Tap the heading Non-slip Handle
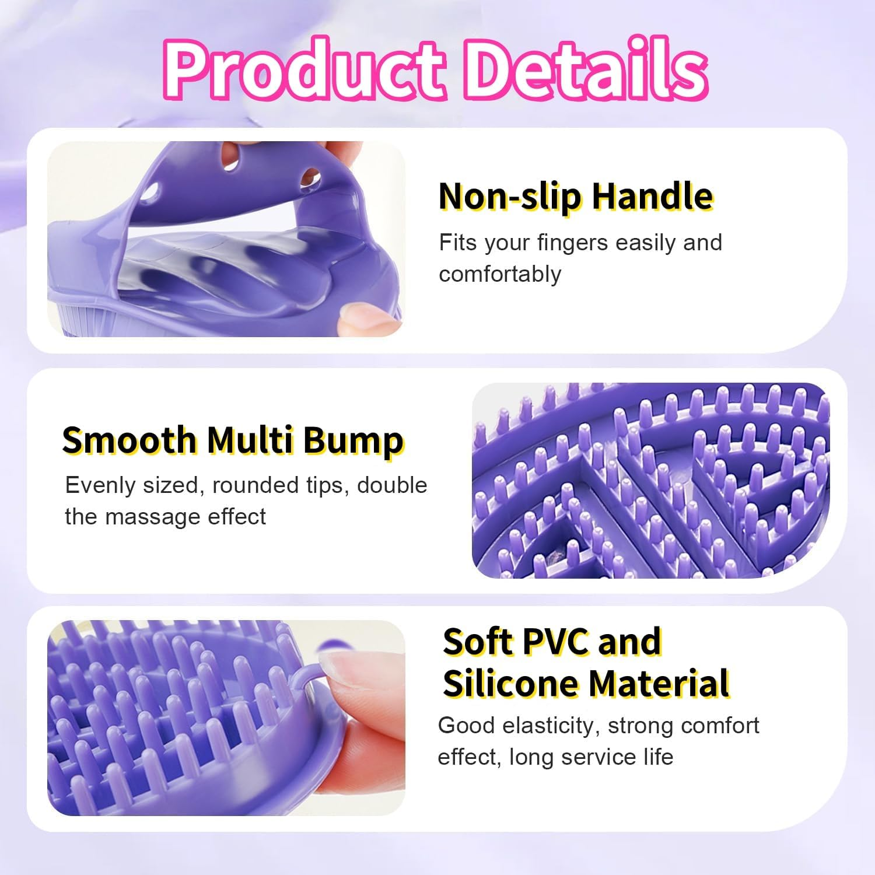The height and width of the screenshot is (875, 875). coord(576,196)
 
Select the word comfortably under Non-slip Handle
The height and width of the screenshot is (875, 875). coord(500,274)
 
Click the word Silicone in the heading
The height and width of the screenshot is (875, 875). coord(510,683)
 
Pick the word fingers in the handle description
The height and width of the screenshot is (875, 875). coord(573,243)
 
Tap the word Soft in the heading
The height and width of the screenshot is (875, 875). coord(477,642)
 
